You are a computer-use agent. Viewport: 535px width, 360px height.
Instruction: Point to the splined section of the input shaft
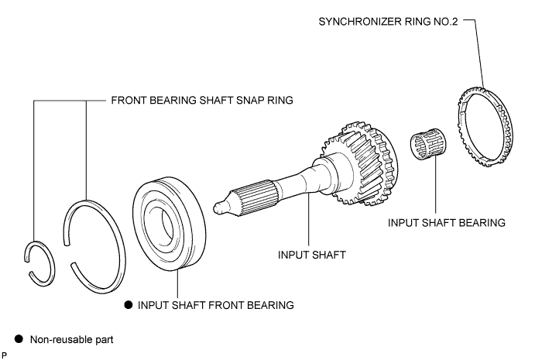[x=254, y=198]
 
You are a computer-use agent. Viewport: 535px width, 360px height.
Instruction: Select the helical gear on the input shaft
[x=362, y=163]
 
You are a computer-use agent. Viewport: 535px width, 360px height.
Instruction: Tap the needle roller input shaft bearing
[x=429, y=144]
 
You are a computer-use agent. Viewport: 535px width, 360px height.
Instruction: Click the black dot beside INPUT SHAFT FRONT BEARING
[x=129, y=305]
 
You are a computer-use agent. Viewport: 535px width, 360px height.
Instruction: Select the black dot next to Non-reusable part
[x=19, y=339]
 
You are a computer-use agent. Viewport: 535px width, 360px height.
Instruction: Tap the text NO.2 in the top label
[x=446, y=22]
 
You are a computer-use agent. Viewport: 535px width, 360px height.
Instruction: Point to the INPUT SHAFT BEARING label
[x=446, y=223]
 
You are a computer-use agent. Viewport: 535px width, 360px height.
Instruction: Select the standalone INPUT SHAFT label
[x=312, y=255]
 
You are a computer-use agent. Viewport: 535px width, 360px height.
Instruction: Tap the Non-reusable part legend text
[x=72, y=340]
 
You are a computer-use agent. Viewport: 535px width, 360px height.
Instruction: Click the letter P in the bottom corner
[x=4, y=355]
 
